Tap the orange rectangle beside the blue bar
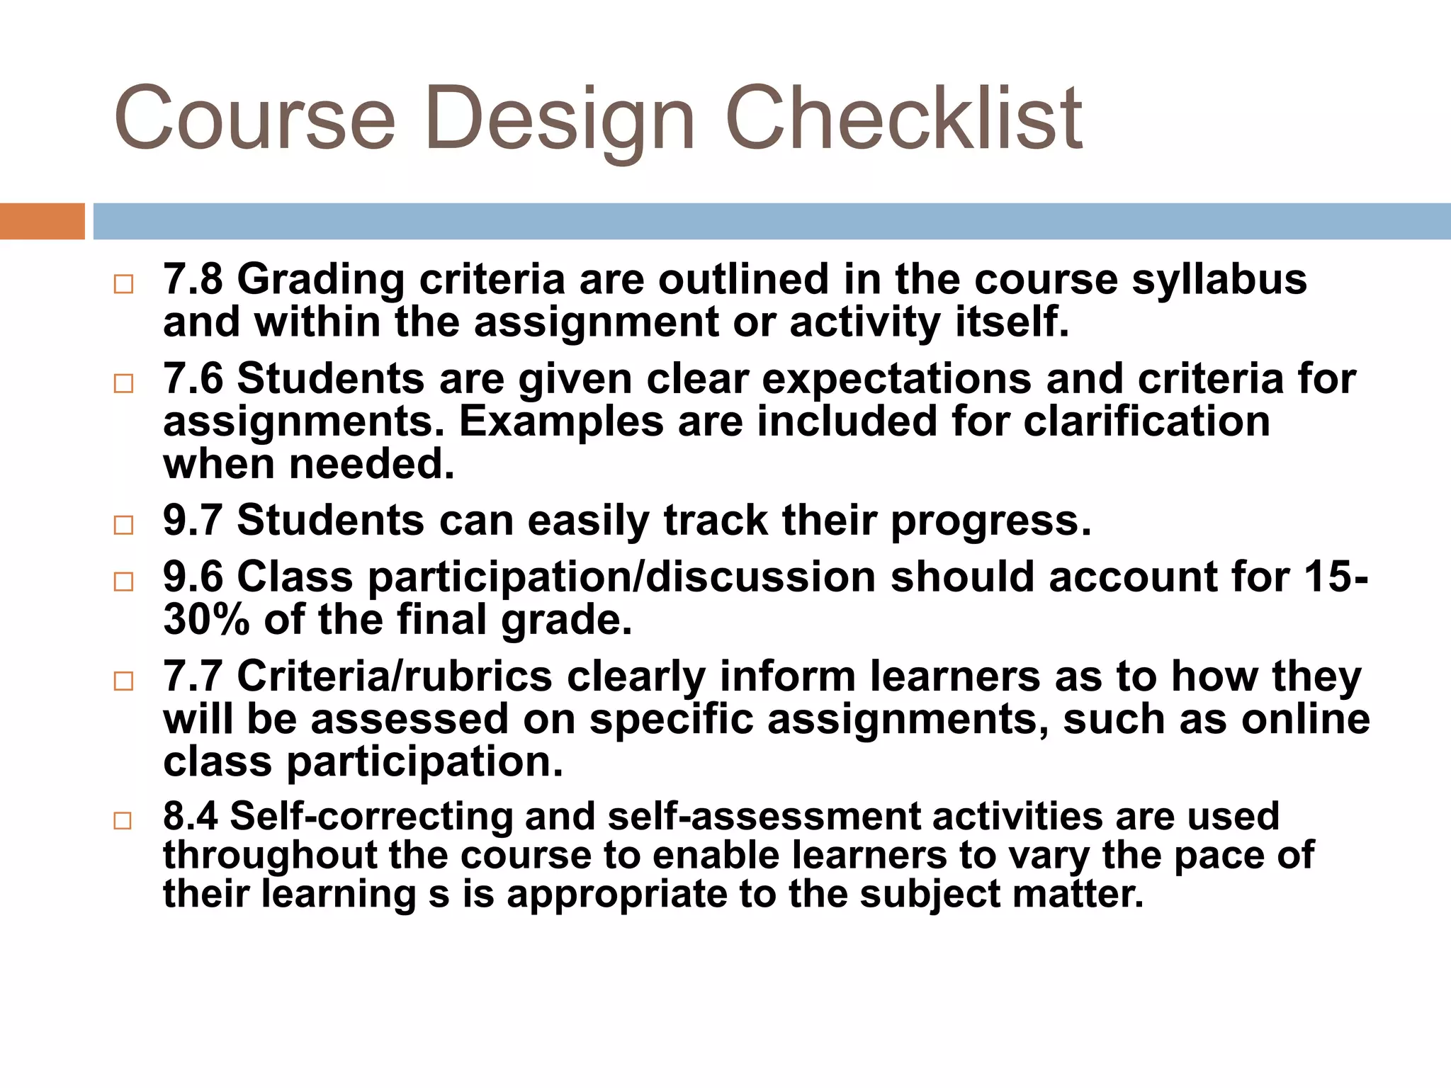coord(42,221)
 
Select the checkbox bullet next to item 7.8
coord(123,284)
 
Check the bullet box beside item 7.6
coord(123,383)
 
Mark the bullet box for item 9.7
coord(123,525)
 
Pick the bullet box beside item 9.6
coord(123,582)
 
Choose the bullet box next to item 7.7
coord(123,681)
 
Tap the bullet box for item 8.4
coord(123,820)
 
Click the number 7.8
coord(193,278)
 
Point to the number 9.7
coord(193,520)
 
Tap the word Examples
coord(560,422)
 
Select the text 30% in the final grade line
coord(206,619)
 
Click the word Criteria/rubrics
coord(394,676)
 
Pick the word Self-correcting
coord(371,817)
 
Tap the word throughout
coord(270,856)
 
